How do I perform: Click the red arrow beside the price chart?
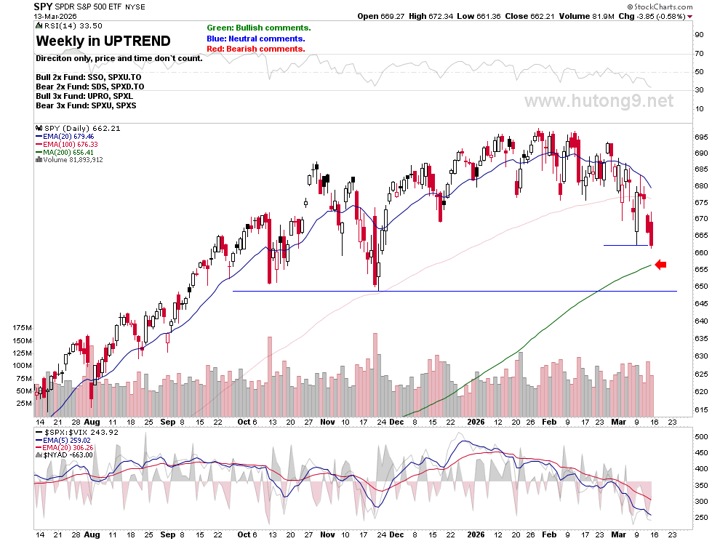click(661, 265)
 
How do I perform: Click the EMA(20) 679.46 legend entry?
click(65, 137)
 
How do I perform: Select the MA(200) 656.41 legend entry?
click(65, 152)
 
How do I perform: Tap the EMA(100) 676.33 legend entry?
click(67, 144)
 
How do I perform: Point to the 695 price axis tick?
click(701, 137)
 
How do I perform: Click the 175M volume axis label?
click(23, 327)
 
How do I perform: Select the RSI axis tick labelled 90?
click(700, 34)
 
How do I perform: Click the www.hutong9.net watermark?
click(599, 101)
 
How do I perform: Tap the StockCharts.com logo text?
click(660, 7)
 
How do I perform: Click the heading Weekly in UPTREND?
click(103, 41)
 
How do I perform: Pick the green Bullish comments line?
click(259, 28)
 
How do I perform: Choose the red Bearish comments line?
click(256, 49)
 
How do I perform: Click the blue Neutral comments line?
click(256, 39)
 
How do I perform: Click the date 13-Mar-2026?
click(55, 17)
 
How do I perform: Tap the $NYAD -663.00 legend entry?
click(64, 454)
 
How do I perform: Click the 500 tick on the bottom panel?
click(701, 437)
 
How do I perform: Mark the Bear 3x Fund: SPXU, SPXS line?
click(86, 105)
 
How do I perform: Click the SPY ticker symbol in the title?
click(43, 7)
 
